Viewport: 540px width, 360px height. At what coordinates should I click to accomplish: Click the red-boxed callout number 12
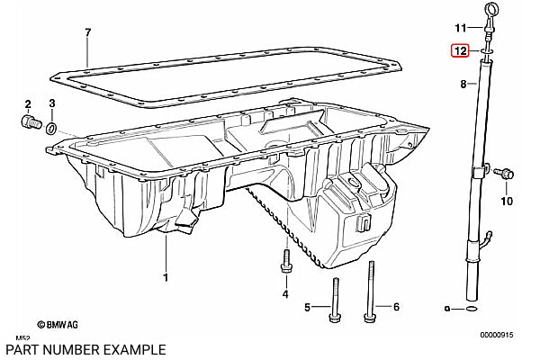pos(461,51)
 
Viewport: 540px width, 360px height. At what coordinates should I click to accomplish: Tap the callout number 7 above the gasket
pos(88,32)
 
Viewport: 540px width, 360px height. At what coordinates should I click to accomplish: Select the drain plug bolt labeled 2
pos(31,121)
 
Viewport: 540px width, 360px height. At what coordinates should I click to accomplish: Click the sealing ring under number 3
pos(51,129)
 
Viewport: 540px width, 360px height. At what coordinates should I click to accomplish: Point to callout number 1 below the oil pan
pos(166,277)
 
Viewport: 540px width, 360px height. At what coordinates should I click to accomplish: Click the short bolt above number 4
pos(286,261)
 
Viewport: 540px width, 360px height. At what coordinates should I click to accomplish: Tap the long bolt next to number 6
pos(371,292)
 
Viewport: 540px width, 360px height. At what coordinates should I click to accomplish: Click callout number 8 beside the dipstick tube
pos(463,84)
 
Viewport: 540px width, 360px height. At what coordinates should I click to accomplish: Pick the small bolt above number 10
pos(504,173)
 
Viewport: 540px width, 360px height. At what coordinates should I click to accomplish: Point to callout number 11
pos(461,28)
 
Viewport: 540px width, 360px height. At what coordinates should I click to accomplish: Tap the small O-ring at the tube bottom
pos(471,309)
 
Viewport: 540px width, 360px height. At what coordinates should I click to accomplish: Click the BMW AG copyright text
pos(58,325)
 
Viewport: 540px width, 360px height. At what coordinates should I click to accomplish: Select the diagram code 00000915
pos(497,335)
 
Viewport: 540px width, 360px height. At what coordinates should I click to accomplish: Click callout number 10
pos(507,201)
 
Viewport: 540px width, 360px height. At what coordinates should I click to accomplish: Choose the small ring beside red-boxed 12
pos(486,51)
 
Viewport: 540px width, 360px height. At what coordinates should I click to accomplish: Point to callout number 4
pos(285,294)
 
